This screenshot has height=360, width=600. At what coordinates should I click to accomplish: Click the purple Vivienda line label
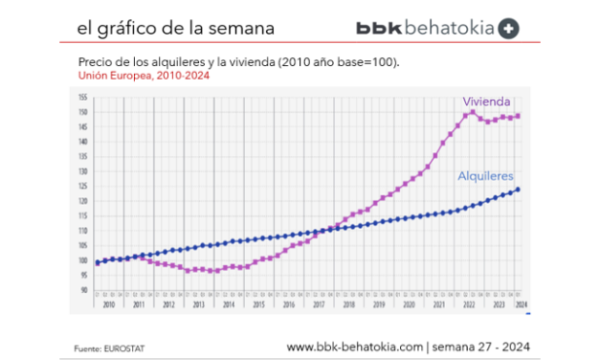pyautogui.click(x=485, y=101)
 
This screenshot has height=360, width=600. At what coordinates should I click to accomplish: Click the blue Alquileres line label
pyautogui.click(x=487, y=176)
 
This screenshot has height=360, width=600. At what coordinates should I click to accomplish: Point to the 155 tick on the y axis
pyautogui.click(x=83, y=97)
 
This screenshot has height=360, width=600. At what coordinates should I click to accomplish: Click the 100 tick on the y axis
pyautogui.click(x=83, y=260)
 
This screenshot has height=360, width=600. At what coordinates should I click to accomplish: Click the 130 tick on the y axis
pyautogui.click(x=83, y=171)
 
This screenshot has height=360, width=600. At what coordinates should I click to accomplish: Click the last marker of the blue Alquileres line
pyautogui.click(x=519, y=190)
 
